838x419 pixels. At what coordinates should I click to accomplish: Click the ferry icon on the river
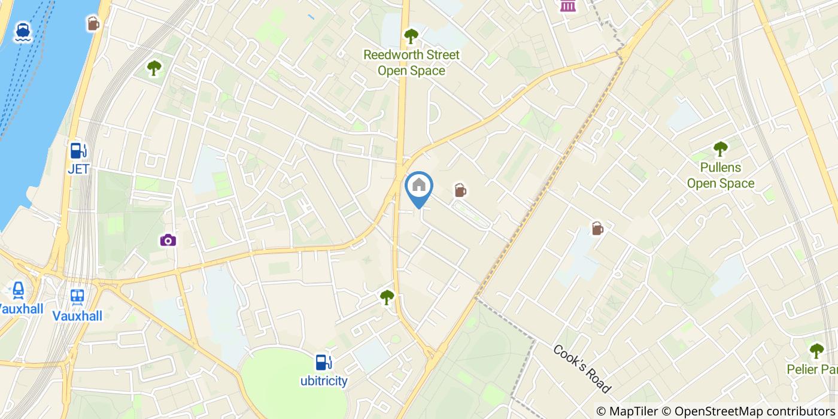click(x=23, y=32)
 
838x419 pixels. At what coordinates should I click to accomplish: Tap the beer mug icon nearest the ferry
click(x=93, y=23)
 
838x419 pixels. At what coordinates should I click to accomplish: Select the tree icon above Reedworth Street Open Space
click(x=411, y=37)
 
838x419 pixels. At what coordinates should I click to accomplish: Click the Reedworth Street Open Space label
click(x=412, y=63)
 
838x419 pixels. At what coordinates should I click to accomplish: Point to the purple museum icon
click(x=567, y=6)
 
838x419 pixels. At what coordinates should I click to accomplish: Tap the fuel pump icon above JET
click(x=78, y=150)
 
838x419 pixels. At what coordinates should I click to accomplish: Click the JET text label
click(x=78, y=169)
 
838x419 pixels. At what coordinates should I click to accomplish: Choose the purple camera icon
click(x=168, y=241)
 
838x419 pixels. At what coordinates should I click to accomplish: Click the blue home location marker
click(x=419, y=187)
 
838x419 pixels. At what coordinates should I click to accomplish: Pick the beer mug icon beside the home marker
click(x=460, y=190)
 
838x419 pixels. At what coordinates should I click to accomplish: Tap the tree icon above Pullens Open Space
click(x=720, y=148)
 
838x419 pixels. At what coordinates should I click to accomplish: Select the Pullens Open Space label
click(x=720, y=175)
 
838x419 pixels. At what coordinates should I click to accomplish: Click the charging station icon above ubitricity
click(x=323, y=362)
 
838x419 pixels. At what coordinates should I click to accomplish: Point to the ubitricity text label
click(x=324, y=381)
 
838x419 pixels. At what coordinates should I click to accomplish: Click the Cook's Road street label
click(x=582, y=369)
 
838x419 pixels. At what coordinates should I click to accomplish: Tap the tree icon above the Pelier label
click(x=816, y=351)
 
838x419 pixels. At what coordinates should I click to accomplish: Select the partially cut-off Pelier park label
click(x=812, y=370)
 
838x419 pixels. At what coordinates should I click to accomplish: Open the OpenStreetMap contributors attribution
click(x=749, y=411)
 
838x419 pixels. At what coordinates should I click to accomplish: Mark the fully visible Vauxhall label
click(x=77, y=316)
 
